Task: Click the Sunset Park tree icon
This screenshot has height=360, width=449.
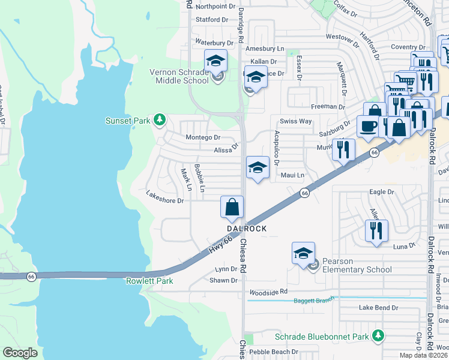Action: coord(159,120)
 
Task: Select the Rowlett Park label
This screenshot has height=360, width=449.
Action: coord(149,281)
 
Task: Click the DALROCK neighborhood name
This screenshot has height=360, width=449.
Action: coord(246,229)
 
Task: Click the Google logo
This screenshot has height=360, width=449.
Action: coord(20,353)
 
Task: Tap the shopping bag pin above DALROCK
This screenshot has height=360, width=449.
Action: coord(232,208)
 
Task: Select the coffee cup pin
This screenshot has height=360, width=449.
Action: coord(367,127)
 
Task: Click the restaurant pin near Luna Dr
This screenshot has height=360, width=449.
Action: coord(376,230)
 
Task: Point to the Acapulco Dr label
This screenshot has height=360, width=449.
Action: coord(277,148)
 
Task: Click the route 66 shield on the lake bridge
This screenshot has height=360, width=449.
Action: coord(31,277)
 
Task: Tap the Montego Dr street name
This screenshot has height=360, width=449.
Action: coord(203,137)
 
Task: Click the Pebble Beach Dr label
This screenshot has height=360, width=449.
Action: coord(274,352)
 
